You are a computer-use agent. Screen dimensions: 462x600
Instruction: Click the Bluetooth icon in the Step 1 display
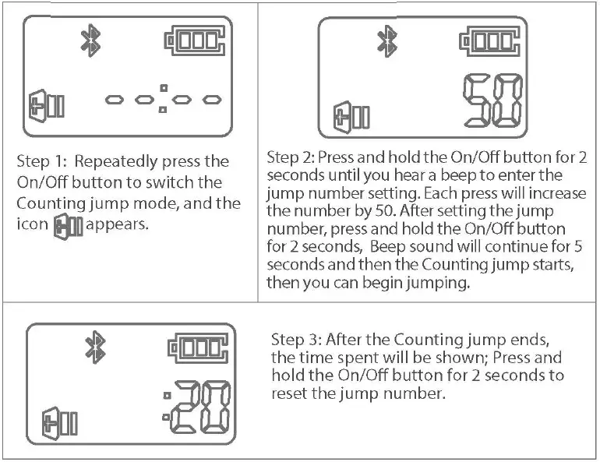click(x=91, y=41)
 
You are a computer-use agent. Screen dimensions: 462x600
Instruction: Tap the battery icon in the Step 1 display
click(x=196, y=42)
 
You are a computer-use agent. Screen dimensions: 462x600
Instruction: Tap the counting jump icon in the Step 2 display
click(x=352, y=117)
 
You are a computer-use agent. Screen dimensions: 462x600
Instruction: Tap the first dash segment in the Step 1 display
click(x=115, y=100)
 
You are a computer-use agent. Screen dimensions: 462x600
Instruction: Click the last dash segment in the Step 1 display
click(x=211, y=100)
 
